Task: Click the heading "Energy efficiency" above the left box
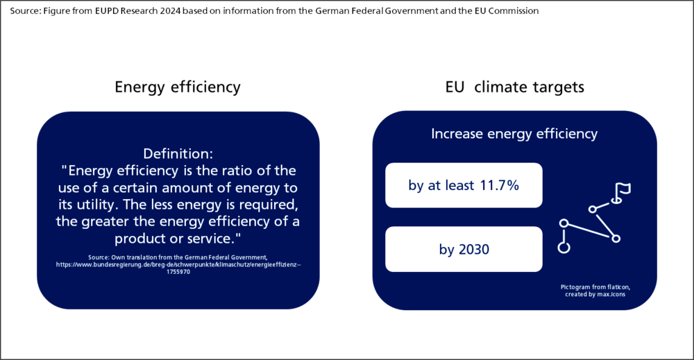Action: click(178, 87)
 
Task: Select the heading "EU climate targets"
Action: click(514, 87)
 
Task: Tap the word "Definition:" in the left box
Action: click(178, 153)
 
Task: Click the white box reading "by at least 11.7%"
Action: click(464, 185)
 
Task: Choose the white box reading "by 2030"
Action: click(464, 249)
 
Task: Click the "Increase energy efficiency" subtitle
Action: click(514, 134)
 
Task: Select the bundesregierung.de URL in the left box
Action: click(178, 264)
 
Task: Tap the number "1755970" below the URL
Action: click(178, 272)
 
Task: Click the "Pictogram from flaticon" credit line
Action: click(595, 287)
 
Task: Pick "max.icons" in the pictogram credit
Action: click(611, 294)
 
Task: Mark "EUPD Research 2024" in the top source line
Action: click(137, 10)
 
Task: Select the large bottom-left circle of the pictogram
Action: click(564, 247)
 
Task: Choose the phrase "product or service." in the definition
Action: click(178, 239)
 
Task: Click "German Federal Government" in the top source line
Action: click(377, 10)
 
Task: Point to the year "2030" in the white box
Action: click(474, 250)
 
